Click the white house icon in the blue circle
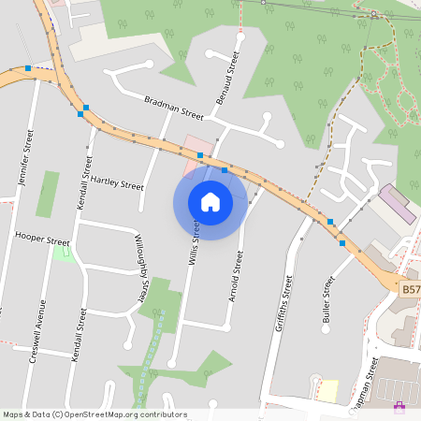click(210, 201)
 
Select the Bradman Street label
click(173, 107)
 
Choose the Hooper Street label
click(43, 240)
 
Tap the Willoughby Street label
click(139, 267)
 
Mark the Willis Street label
click(195, 241)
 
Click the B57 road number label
click(410, 291)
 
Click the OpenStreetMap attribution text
click(94, 414)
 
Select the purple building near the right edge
click(398, 202)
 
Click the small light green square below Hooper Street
click(64, 253)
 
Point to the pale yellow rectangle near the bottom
click(327, 390)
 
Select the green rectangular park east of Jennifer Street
click(47, 195)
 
